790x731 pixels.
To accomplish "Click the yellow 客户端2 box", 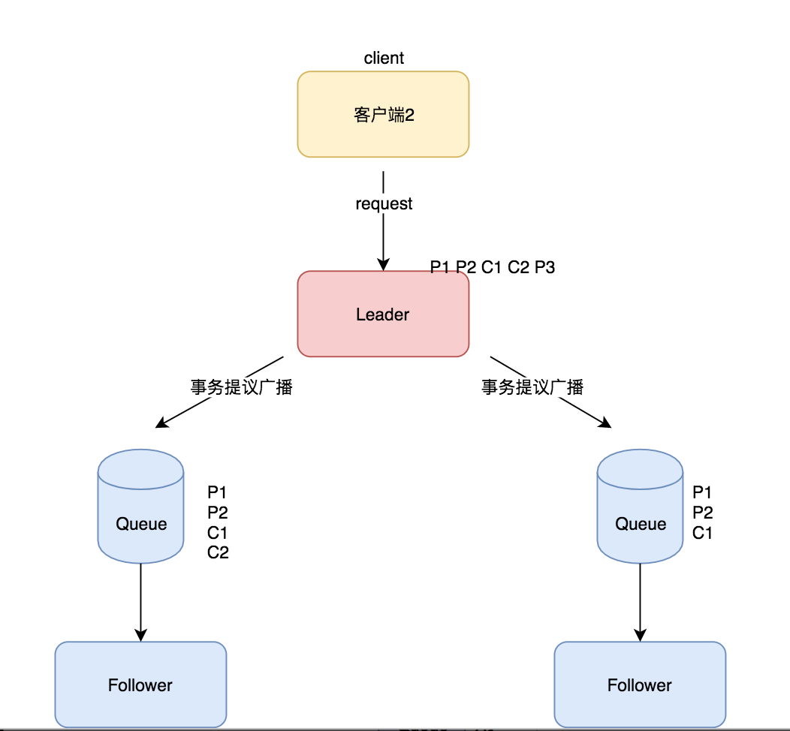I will tap(383, 114).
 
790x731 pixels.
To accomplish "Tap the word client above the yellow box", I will tap(384, 59).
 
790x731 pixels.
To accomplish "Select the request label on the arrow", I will tap(384, 204).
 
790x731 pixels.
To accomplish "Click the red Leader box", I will tap(383, 314).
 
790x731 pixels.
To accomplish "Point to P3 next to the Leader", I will tap(544, 267).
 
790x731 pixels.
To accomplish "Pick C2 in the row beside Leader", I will tap(518, 267).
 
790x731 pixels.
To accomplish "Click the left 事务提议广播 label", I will tap(241, 387).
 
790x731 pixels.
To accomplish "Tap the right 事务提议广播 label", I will tap(532, 387).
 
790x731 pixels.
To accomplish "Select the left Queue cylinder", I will tap(141, 507).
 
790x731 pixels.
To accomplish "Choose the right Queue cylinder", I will tap(641, 507).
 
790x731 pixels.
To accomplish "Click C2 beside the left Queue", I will tap(218, 553).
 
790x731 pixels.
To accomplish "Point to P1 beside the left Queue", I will tap(217, 493).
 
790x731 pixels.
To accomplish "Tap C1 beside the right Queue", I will tap(702, 534).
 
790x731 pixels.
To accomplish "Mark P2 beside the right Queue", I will tap(702, 513).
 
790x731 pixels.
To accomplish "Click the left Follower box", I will tap(140, 684).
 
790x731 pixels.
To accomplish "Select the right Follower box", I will tap(640, 684).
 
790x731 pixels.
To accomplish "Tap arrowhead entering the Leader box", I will tap(384, 263).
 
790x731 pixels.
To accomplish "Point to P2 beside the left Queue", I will tap(217, 513).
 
